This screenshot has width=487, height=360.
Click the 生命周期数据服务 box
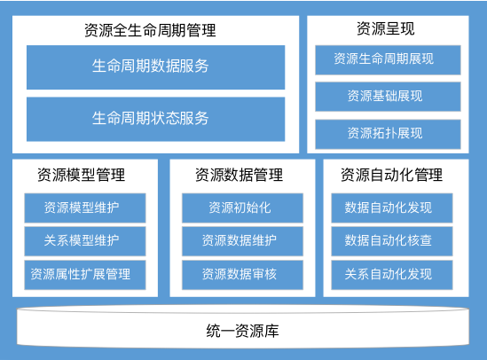[x=155, y=67]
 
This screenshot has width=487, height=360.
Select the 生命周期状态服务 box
[x=155, y=119]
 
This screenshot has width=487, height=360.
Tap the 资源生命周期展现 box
[x=388, y=60]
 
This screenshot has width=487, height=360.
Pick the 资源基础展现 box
[x=388, y=97]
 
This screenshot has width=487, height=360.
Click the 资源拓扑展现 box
[x=388, y=134]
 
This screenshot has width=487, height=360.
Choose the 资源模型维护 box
[x=85, y=207]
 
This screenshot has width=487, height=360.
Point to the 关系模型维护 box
[x=85, y=241]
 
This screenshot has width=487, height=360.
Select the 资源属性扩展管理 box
[x=85, y=275]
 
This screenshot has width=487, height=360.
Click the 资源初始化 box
[x=242, y=207]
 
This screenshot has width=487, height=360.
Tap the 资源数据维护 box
[x=242, y=241]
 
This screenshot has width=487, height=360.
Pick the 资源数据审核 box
[x=242, y=275]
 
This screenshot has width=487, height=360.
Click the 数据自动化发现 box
[x=392, y=207]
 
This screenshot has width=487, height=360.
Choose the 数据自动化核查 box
[x=392, y=241]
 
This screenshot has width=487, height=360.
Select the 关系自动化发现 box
[x=392, y=275]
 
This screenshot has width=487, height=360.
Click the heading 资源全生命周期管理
[x=150, y=30]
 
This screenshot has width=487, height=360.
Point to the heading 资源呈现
[x=386, y=29]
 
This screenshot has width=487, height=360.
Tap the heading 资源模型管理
[x=82, y=175]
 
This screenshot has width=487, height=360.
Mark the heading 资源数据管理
[x=240, y=175]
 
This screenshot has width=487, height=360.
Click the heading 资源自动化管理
[x=392, y=175]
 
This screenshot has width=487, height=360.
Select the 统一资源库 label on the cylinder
[x=242, y=331]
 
